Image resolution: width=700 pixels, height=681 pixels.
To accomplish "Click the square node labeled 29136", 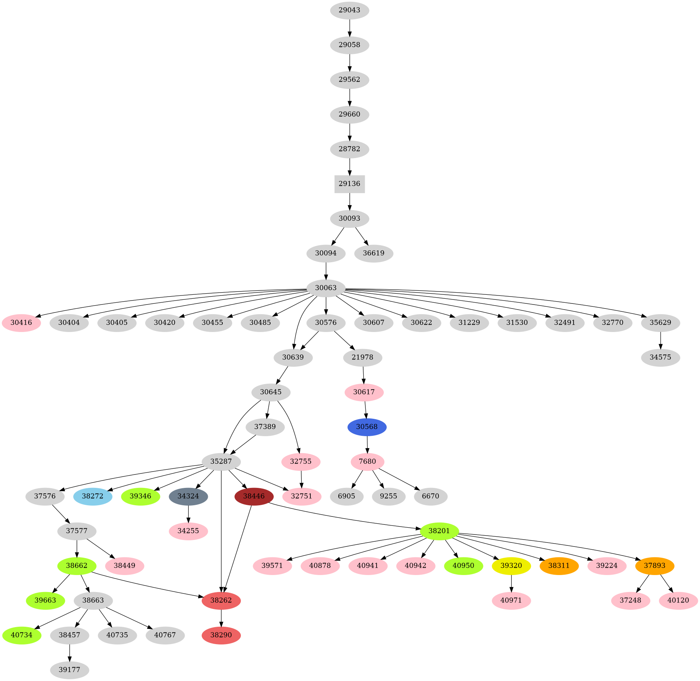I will pyautogui.click(x=349, y=184).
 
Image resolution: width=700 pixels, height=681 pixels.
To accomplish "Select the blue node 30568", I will pyautogui.click(x=367, y=427).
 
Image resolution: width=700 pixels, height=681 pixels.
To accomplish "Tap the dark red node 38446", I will pyautogui.click(x=254, y=496).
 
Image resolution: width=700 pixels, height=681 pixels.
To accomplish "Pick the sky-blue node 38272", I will pyautogui.click(x=93, y=496).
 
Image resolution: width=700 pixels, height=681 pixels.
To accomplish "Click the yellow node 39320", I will pyautogui.click(x=511, y=566).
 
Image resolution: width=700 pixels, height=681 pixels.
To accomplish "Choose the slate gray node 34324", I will pyautogui.click(x=188, y=496).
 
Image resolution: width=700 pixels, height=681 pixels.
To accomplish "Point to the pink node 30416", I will pyautogui.click(x=21, y=323).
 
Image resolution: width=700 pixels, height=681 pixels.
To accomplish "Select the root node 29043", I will pyautogui.click(x=349, y=10).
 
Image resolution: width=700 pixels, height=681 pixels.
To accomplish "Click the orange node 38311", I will pyautogui.click(x=559, y=566).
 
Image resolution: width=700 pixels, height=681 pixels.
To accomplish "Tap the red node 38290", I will pyautogui.click(x=221, y=635).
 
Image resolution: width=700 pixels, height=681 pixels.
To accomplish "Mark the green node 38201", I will pyautogui.click(x=439, y=531).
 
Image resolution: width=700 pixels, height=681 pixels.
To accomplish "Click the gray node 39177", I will pyautogui.click(x=69, y=670).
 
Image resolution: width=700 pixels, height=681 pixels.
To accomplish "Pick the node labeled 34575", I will pyautogui.click(x=660, y=357).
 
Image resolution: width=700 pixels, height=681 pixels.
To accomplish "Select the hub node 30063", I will pyautogui.click(x=326, y=288).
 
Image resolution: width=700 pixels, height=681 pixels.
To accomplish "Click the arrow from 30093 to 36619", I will pyautogui.click(x=361, y=236).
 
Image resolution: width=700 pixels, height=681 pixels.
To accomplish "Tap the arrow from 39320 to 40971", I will pyautogui.click(x=511, y=583).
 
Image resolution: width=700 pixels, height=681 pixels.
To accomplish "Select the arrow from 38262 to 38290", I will pyautogui.click(x=221, y=618).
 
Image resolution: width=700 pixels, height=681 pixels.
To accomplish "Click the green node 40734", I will pyautogui.click(x=22, y=635).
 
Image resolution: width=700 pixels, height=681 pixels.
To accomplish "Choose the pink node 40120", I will pyautogui.click(x=678, y=600).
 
